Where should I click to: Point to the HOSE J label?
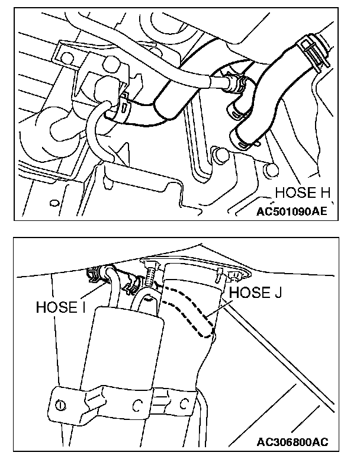255,292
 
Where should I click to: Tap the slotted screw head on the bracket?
60,405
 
